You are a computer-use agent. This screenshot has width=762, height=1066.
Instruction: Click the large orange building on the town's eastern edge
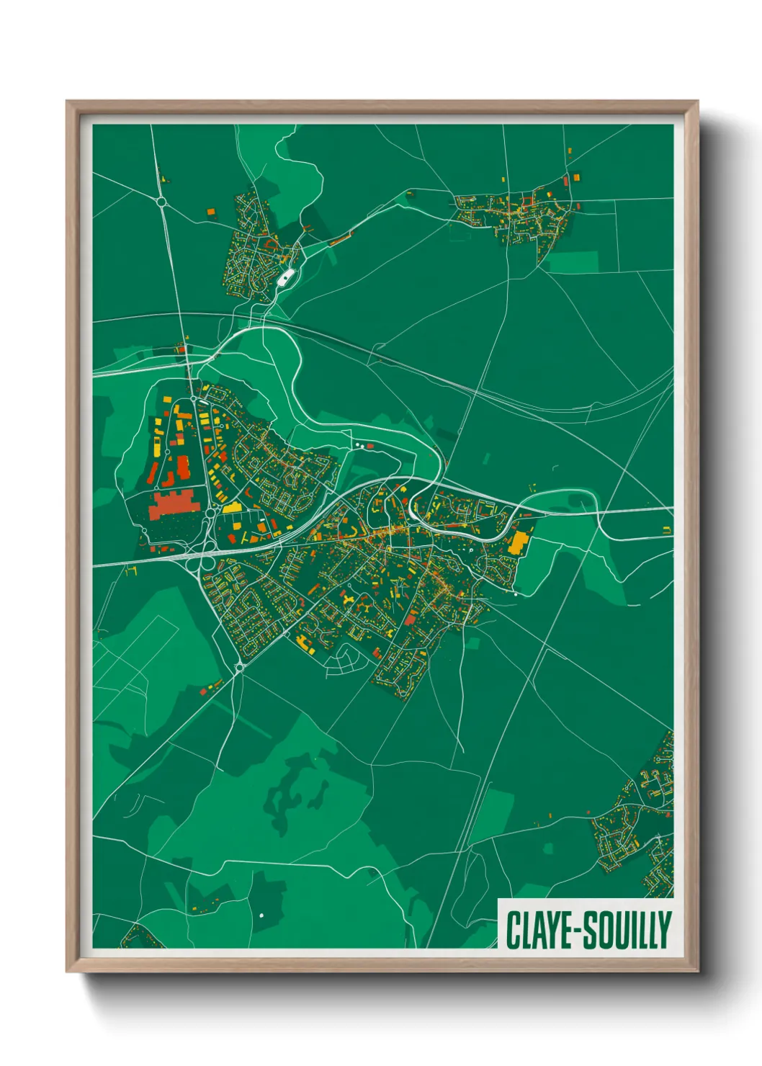518,543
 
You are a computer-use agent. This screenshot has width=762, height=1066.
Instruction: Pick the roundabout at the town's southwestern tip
239,668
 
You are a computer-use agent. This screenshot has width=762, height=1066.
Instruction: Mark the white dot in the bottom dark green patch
261,915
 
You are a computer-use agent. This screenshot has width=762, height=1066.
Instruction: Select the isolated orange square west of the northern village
211,212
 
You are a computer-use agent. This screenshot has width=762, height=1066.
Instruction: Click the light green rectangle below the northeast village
574,261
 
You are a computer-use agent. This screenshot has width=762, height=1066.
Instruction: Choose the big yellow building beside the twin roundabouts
232,508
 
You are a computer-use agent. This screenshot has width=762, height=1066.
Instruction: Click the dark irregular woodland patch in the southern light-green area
292,792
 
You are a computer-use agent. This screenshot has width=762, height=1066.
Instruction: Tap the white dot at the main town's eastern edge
516,594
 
